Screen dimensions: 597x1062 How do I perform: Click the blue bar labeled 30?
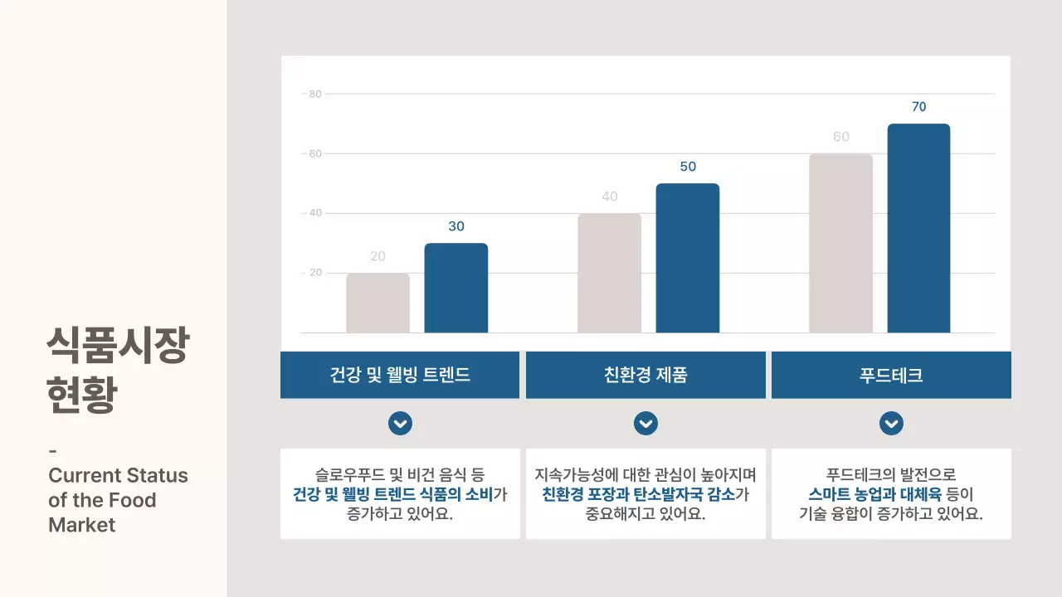pos(456,288)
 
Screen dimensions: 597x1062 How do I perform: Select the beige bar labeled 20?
pos(378,303)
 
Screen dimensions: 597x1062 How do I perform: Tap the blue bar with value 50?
pos(688,258)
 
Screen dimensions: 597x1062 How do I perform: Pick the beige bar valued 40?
pos(610,273)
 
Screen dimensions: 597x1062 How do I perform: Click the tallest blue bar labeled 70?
pos(918,228)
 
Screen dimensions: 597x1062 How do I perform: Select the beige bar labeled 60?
pos(840,243)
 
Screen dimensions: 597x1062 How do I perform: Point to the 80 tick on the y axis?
pos(314,94)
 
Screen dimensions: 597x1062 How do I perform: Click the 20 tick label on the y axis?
pos(314,273)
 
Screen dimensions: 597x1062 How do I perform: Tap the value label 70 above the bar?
pos(918,107)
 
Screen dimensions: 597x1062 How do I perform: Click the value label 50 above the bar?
pos(688,167)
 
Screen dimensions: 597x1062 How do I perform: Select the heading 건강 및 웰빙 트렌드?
pos(400,375)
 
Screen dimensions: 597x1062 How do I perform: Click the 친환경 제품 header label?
pos(645,375)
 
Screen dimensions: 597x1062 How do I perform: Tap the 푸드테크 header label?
pos(891,375)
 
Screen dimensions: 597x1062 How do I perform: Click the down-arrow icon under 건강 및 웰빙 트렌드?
pos(400,424)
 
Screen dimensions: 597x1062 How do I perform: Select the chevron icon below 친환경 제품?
pos(645,424)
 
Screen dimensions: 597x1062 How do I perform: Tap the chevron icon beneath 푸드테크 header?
pos(891,424)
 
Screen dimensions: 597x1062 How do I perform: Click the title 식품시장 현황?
pos(117,370)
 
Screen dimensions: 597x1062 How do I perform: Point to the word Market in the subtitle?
pos(82,525)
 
